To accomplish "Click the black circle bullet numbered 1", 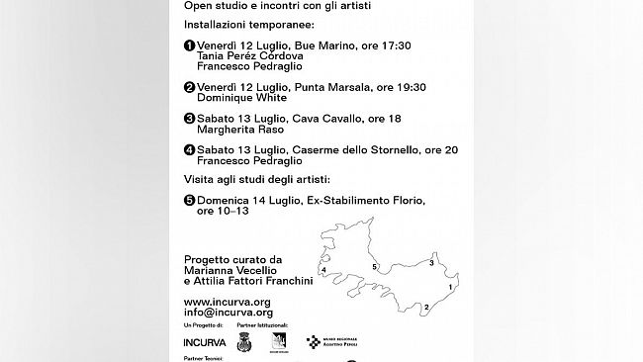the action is click(x=189, y=45).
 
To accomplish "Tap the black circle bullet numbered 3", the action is click(x=189, y=119).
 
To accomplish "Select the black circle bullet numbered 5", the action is click(x=189, y=201).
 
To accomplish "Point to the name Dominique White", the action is click(x=242, y=98).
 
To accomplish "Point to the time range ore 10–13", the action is click(x=223, y=212).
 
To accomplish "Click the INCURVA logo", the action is click(x=205, y=342).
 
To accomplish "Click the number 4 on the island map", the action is click(x=323, y=269).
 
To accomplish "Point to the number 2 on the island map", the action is click(x=425, y=309).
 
